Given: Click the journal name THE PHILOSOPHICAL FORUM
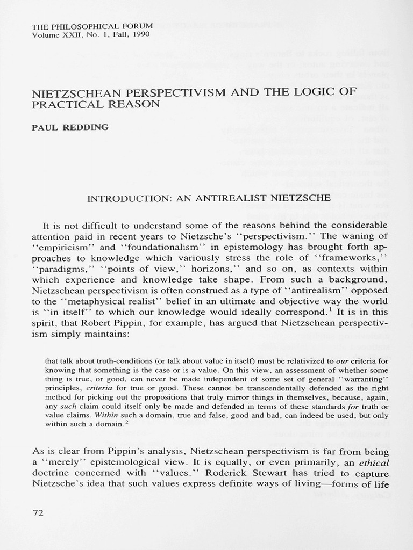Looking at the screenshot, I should [92, 26].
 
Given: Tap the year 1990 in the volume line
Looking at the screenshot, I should [140, 34].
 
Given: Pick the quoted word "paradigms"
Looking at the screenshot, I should [65, 269].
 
